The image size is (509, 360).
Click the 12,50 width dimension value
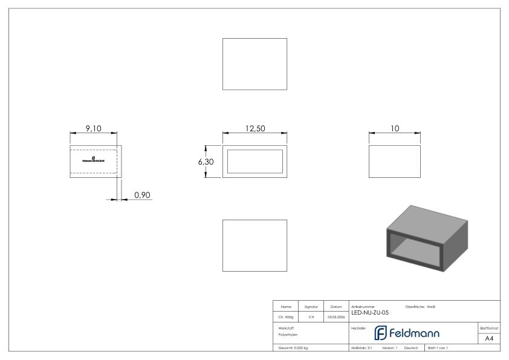[x=254, y=129]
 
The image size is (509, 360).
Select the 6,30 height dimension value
[x=206, y=162]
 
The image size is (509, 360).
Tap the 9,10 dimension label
[x=93, y=128]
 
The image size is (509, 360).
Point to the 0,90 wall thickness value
[x=142, y=195]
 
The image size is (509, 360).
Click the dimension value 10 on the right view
[x=395, y=129]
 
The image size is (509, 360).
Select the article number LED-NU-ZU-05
[x=370, y=313]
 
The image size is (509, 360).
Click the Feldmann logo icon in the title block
[x=381, y=333]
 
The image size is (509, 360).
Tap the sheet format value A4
[x=489, y=338]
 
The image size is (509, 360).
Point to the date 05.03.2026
[x=336, y=316]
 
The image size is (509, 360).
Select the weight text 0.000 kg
[x=293, y=348]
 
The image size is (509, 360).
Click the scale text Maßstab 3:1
[x=361, y=348]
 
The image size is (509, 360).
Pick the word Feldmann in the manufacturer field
[x=414, y=333]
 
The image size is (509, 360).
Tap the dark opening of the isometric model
[x=417, y=249]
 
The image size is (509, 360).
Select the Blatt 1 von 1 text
[x=438, y=348]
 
